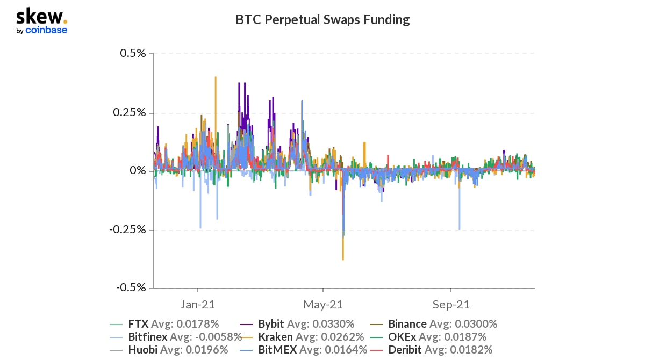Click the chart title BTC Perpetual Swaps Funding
(322, 20)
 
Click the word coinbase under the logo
(46, 31)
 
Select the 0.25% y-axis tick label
(130, 112)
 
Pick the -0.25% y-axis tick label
(128, 229)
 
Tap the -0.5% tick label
(131, 287)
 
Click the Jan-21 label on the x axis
(197, 305)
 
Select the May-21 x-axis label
(322, 305)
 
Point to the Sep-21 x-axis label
(450, 305)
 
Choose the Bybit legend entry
(306, 324)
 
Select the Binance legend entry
(442, 324)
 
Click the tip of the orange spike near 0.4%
(216, 77)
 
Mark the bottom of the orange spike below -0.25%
(343, 260)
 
